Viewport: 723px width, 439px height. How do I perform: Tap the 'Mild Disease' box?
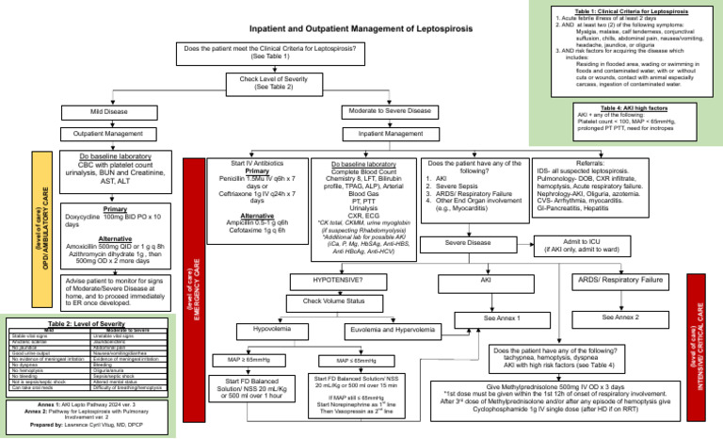pos(109,112)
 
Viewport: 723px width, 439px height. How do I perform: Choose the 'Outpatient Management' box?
pos(109,134)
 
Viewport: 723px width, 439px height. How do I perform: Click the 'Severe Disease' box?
pos(468,243)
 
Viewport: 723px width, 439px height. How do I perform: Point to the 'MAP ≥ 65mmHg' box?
pos(249,360)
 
